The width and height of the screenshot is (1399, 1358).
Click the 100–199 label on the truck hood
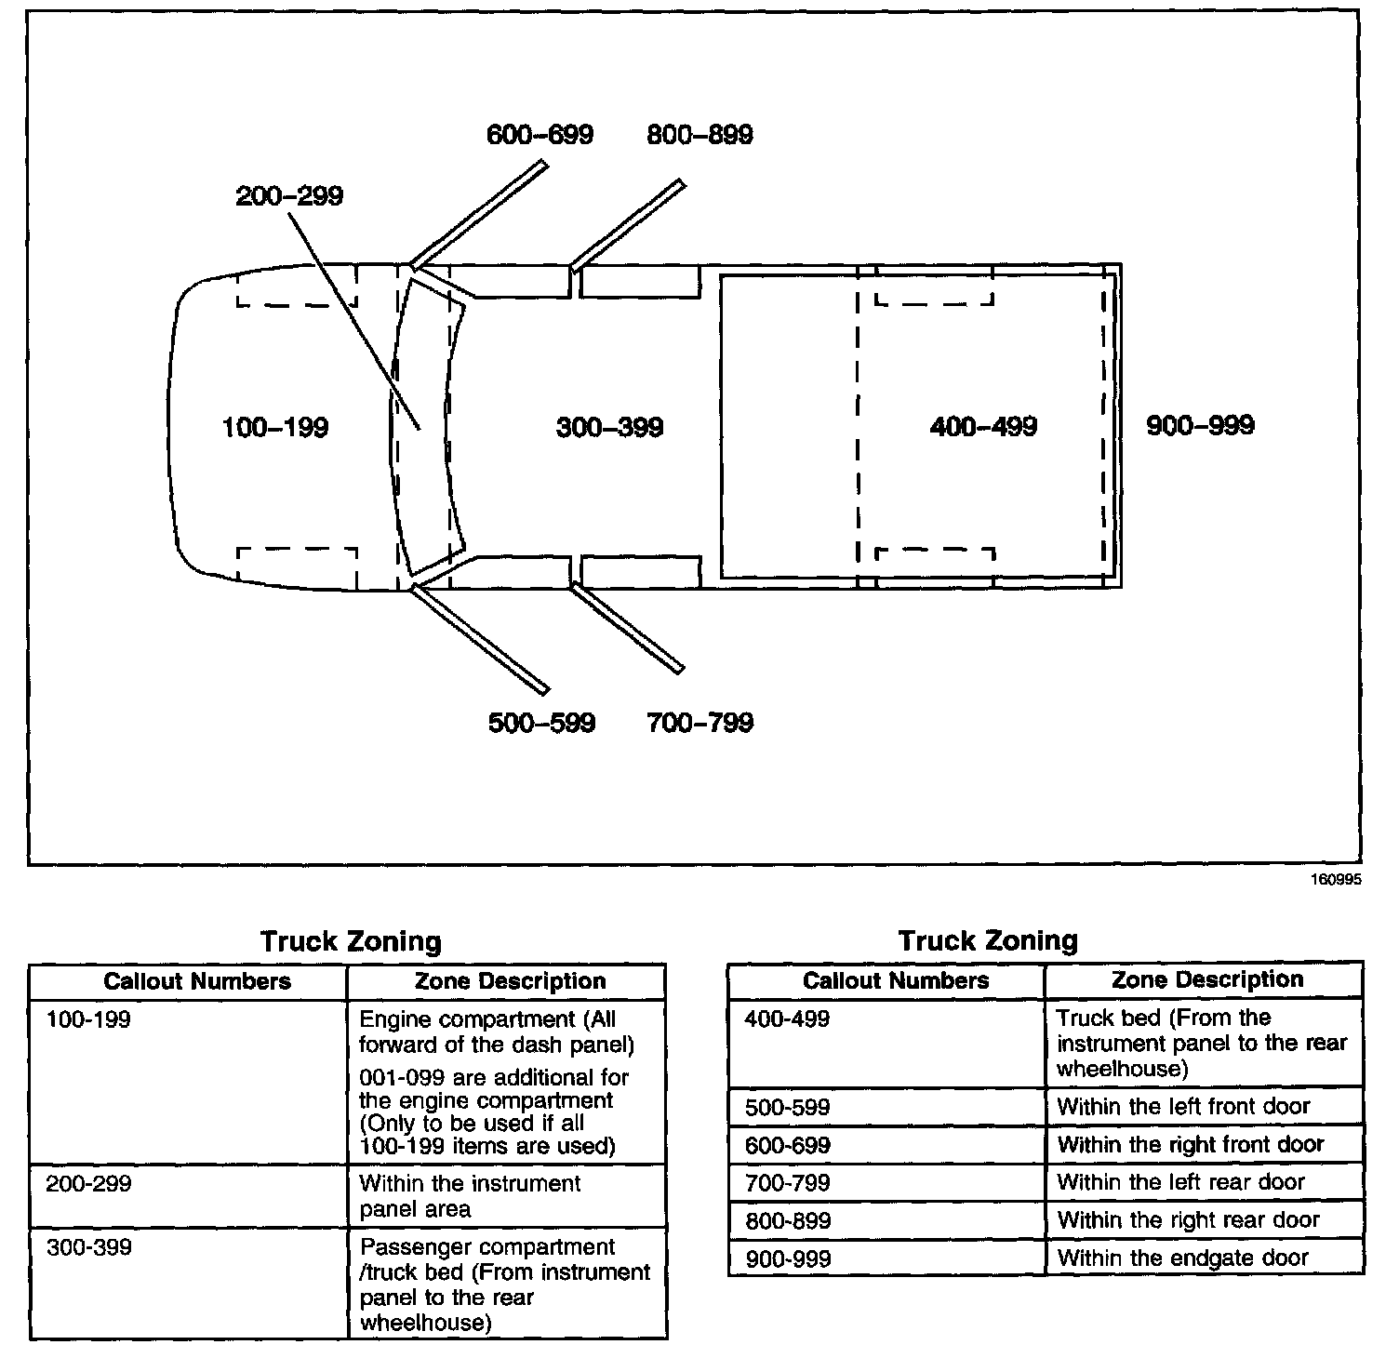coord(275,428)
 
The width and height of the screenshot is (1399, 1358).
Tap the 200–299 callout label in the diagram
coord(289,196)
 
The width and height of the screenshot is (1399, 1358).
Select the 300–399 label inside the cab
coord(609,428)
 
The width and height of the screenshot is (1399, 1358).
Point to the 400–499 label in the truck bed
coord(983,427)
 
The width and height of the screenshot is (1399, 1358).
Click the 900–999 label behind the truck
coord(1200,426)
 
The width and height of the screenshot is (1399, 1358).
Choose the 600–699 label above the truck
coord(540,135)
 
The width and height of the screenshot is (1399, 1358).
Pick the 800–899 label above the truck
coord(699,135)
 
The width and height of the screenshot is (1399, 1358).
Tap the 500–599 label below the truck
coord(541,723)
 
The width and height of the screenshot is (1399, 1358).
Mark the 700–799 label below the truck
coord(699,723)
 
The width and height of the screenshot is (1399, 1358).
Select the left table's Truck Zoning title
coord(351,941)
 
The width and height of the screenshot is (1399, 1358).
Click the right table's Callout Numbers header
coord(896,980)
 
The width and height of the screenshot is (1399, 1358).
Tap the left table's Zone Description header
coord(510,981)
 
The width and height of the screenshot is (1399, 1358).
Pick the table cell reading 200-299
coord(89,1184)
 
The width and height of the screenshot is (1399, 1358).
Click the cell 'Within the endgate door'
coord(1182,1258)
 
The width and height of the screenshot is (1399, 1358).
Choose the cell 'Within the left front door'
coord(1183,1107)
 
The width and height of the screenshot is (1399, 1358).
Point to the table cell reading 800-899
coord(788,1220)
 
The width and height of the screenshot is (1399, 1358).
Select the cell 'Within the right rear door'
coord(1188,1220)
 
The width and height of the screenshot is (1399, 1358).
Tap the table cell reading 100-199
coord(89,1019)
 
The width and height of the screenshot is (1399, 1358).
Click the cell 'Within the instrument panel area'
coord(470,1196)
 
